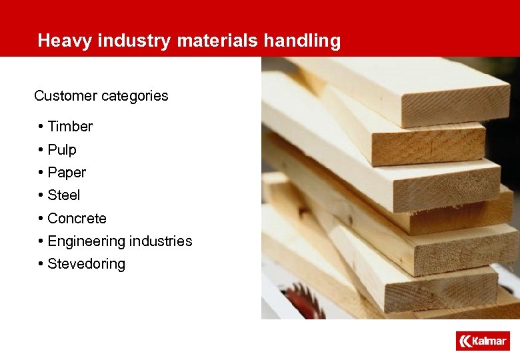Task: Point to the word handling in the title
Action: pyautogui.click(x=302, y=41)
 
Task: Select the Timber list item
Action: pyautogui.click(x=70, y=127)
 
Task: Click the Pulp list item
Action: pyautogui.click(x=62, y=150)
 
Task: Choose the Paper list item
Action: pyautogui.click(x=67, y=173)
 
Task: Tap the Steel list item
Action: pyautogui.click(x=64, y=195)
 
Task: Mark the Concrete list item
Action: pyautogui.click(x=77, y=219)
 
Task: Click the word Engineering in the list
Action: pyautogui.click(x=83, y=241)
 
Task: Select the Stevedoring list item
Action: pyautogui.click(x=86, y=264)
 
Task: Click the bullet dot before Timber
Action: pyautogui.click(x=41, y=127)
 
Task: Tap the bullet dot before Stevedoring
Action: pyautogui.click(x=41, y=264)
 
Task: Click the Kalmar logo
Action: pyautogui.click(x=483, y=341)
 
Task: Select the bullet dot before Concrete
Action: pyautogui.click(x=41, y=219)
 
